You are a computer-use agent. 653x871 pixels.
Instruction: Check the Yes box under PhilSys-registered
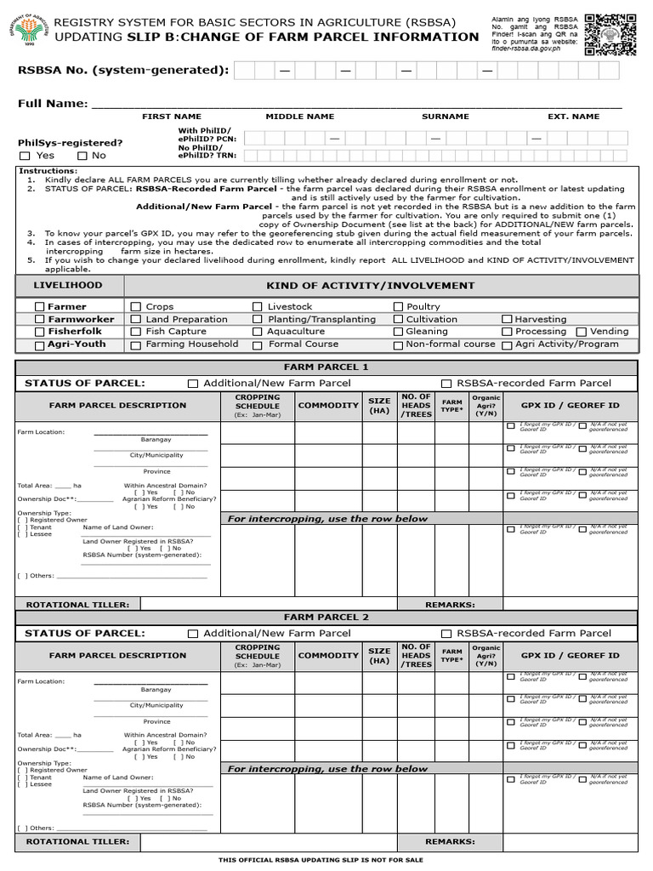pyautogui.click(x=25, y=156)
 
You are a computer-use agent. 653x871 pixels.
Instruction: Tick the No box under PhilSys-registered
pyautogui.click(x=82, y=156)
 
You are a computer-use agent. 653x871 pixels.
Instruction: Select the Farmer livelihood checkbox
pyautogui.click(x=39, y=306)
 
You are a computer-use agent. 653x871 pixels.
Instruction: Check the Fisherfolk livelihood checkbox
pyautogui.click(x=39, y=332)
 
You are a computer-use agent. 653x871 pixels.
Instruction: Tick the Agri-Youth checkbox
pyautogui.click(x=39, y=345)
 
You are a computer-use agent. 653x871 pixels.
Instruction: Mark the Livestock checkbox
pyautogui.click(x=257, y=306)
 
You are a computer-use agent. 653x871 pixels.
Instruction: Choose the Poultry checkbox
pyautogui.click(x=398, y=306)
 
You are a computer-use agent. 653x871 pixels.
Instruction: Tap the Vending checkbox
pyautogui.click(x=582, y=332)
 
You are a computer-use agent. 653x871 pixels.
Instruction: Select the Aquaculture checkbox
pyautogui.click(x=257, y=332)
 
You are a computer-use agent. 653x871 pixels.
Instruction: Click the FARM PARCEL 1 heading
pyautogui.click(x=326, y=367)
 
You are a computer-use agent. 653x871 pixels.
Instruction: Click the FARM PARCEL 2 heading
pyautogui.click(x=326, y=618)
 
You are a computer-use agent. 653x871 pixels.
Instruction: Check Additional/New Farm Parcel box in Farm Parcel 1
pyautogui.click(x=193, y=384)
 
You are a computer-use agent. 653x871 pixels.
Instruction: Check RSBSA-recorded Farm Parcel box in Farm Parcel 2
pyautogui.click(x=446, y=634)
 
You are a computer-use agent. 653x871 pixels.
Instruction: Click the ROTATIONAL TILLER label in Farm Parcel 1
pyautogui.click(x=78, y=605)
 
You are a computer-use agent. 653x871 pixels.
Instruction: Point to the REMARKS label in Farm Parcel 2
pyautogui.click(x=450, y=841)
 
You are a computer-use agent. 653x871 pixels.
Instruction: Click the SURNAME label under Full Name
pyautogui.click(x=445, y=117)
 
